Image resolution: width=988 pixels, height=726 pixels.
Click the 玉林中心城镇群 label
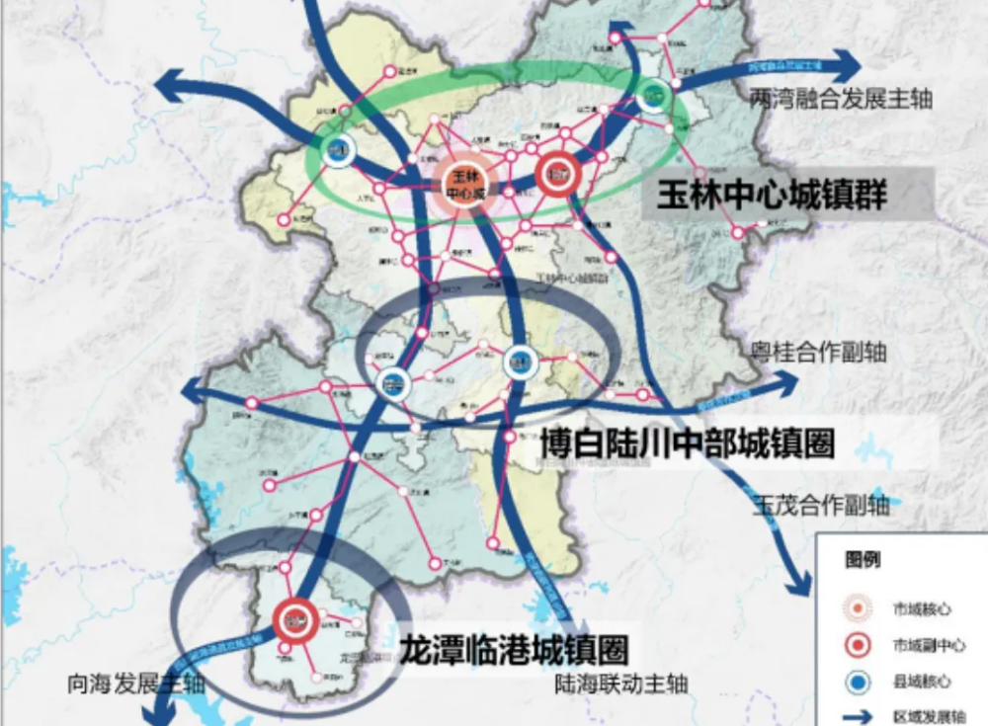point(766,194)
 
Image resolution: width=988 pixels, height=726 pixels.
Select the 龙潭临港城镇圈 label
point(514,649)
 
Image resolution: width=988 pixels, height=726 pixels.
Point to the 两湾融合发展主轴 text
point(841,99)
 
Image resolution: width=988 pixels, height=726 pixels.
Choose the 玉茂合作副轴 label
point(821,506)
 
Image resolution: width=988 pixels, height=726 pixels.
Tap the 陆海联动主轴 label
point(621,684)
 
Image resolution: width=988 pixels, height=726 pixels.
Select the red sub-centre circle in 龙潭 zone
point(293,619)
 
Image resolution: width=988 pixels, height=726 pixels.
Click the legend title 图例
point(863,560)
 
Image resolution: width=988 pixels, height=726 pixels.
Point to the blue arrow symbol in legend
point(858,717)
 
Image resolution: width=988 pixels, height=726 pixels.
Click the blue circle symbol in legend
point(858,682)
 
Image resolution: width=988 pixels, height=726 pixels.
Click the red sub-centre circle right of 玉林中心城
point(555,174)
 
